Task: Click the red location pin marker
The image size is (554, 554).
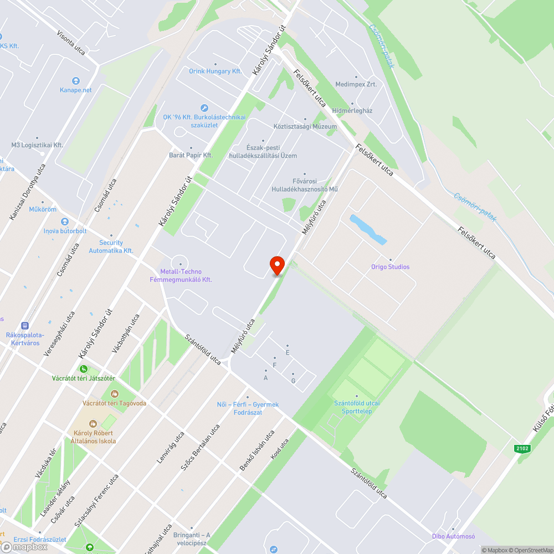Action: [x=276, y=265]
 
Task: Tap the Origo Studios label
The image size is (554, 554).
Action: [x=391, y=267]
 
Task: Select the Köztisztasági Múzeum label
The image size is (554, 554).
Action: [x=305, y=126]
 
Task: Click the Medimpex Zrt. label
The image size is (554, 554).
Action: [x=356, y=84]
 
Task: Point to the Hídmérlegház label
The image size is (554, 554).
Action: [x=352, y=111]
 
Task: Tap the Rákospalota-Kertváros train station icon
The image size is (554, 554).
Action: [x=24, y=326]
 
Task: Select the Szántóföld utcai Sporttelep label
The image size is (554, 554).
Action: [x=357, y=407]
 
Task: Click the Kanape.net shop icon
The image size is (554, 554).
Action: [x=76, y=80]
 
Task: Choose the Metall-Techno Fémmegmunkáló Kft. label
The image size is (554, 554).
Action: [x=181, y=275]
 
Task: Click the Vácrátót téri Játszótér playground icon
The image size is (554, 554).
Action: [x=83, y=368]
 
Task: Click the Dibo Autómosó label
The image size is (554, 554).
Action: [x=454, y=536]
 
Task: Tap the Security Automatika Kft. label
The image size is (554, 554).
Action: [x=111, y=247]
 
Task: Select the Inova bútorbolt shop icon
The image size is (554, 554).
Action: [x=65, y=222]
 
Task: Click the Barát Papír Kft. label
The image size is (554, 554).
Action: [x=191, y=155]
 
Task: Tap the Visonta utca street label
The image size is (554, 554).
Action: [x=71, y=42]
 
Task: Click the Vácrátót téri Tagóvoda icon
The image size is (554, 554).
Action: [x=115, y=394]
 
